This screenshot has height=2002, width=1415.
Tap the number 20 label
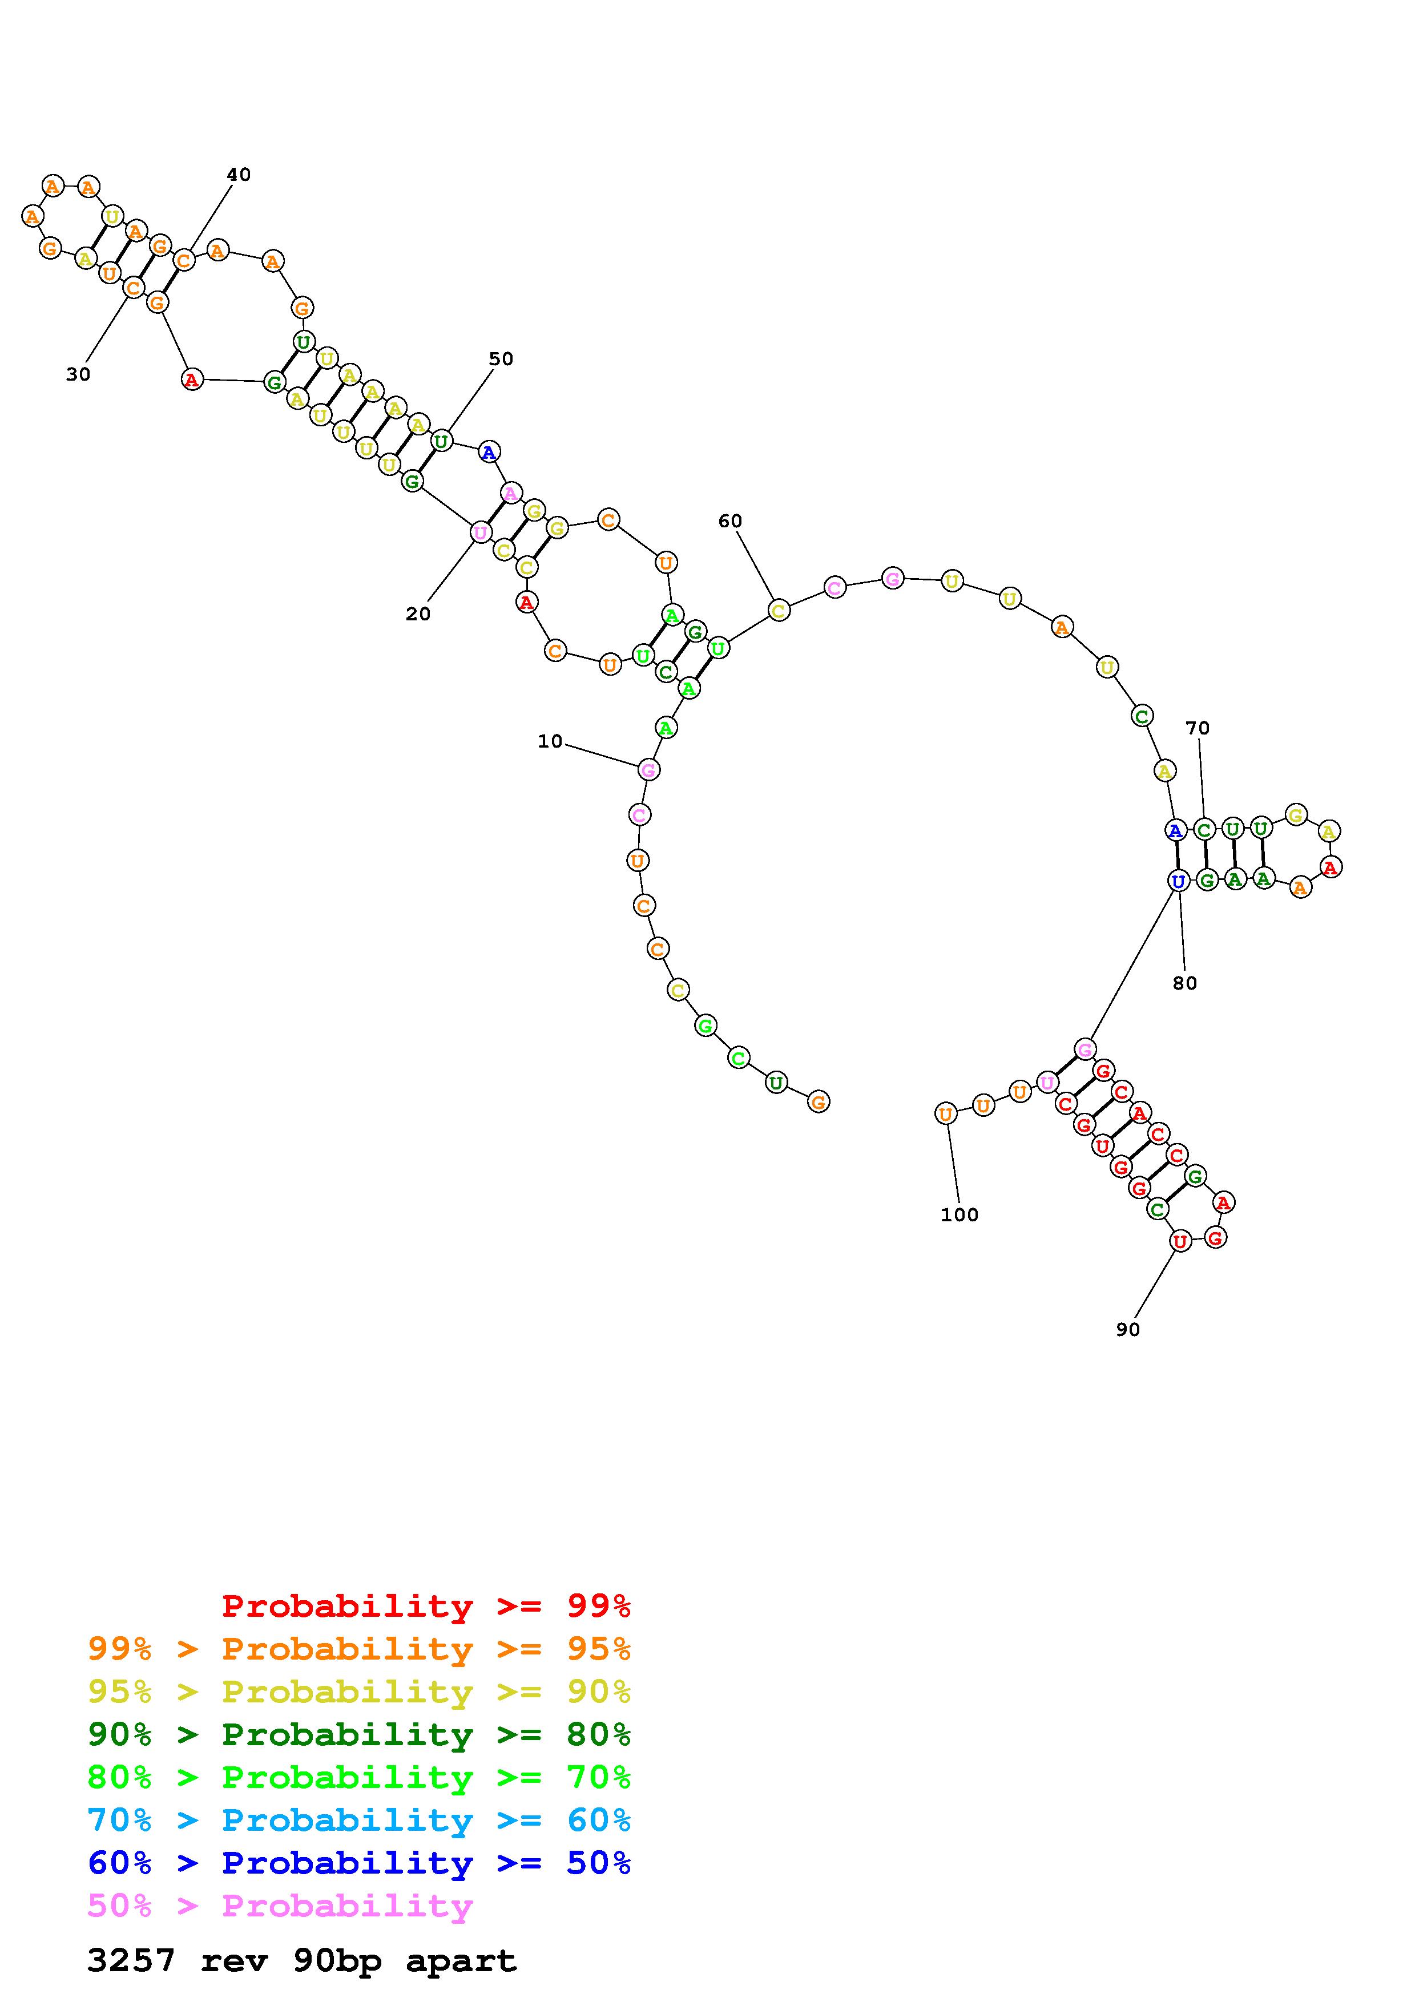(x=418, y=614)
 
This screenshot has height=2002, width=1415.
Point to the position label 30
(x=78, y=374)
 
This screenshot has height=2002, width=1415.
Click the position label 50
(x=501, y=358)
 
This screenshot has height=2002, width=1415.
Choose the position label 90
(x=1127, y=1329)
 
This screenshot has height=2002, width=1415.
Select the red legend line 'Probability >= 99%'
(x=426, y=1606)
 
